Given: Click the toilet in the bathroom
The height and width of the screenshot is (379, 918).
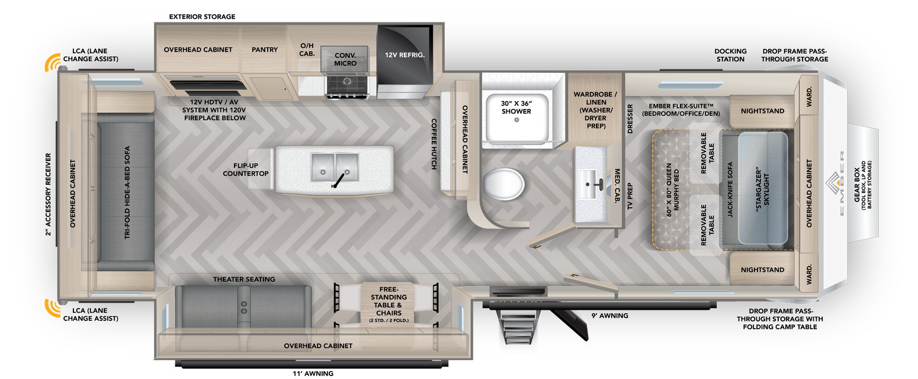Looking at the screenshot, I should click(x=503, y=184).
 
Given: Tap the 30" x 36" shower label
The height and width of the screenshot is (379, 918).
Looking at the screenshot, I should click(x=516, y=107).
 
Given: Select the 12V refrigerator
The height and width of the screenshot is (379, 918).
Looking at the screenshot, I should click(x=405, y=55).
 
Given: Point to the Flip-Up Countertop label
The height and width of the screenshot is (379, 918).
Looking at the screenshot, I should click(x=246, y=169).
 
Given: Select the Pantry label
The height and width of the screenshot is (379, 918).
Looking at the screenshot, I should click(x=264, y=50).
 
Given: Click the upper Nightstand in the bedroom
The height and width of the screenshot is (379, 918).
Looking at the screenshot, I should click(x=762, y=111).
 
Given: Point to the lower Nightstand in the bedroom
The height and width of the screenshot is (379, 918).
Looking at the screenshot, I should click(x=762, y=269).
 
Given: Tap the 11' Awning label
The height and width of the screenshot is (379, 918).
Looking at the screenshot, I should click(x=313, y=373).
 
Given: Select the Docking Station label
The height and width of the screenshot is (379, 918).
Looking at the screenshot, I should click(x=730, y=55).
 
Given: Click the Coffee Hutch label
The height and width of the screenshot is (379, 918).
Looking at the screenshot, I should click(x=434, y=144).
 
